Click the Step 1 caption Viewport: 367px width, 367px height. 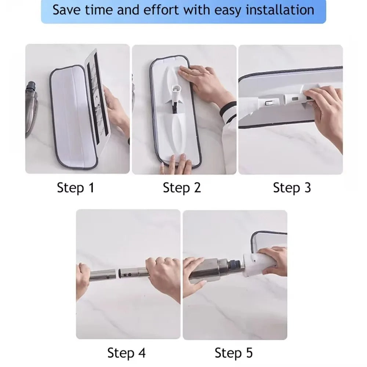point(76,188)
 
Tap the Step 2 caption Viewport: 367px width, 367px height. point(182,188)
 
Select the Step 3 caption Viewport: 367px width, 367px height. point(292,188)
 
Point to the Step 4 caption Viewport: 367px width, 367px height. point(126,353)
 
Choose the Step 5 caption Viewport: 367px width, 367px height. point(234,353)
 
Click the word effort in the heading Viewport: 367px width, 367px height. point(161,10)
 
